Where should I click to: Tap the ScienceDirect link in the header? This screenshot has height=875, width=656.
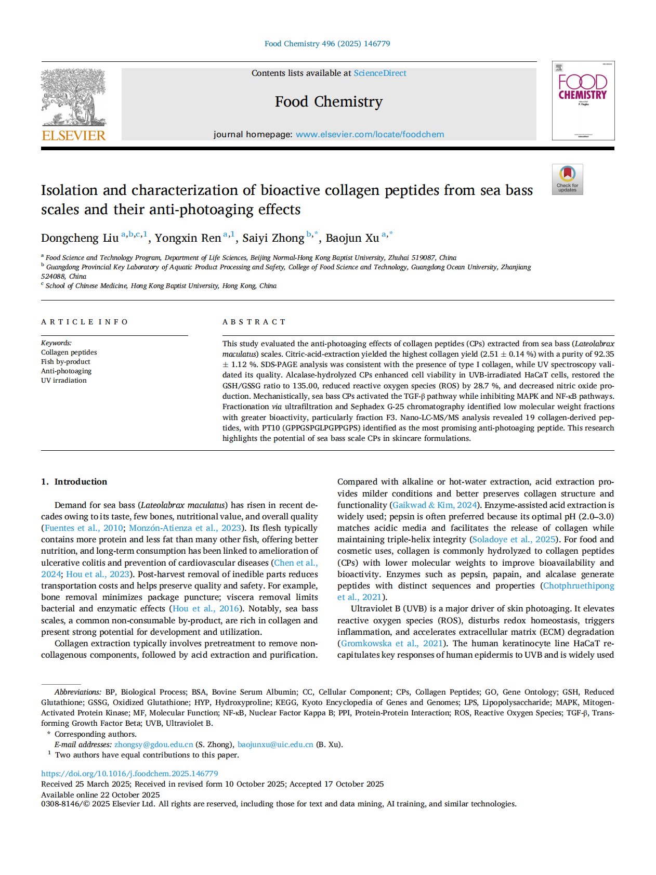(380, 73)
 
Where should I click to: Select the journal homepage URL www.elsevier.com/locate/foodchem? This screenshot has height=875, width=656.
(370, 135)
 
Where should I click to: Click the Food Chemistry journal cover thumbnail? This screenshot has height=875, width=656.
(583, 100)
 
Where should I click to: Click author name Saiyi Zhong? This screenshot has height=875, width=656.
(273, 238)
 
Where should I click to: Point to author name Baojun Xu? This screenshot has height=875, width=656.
(352, 238)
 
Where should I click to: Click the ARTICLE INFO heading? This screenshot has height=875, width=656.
(84, 322)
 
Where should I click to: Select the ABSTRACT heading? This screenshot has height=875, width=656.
(254, 322)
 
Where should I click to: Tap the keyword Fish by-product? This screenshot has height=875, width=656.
(65, 362)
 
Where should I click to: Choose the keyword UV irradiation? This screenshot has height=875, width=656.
(64, 381)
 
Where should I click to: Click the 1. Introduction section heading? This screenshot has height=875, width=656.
(74, 481)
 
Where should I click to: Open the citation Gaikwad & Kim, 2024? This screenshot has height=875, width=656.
(435, 505)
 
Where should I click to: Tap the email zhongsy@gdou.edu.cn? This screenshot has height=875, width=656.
(153, 745)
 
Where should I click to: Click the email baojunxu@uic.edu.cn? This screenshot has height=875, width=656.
(275, 745)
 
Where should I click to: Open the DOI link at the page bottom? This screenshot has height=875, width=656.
(129, 774)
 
